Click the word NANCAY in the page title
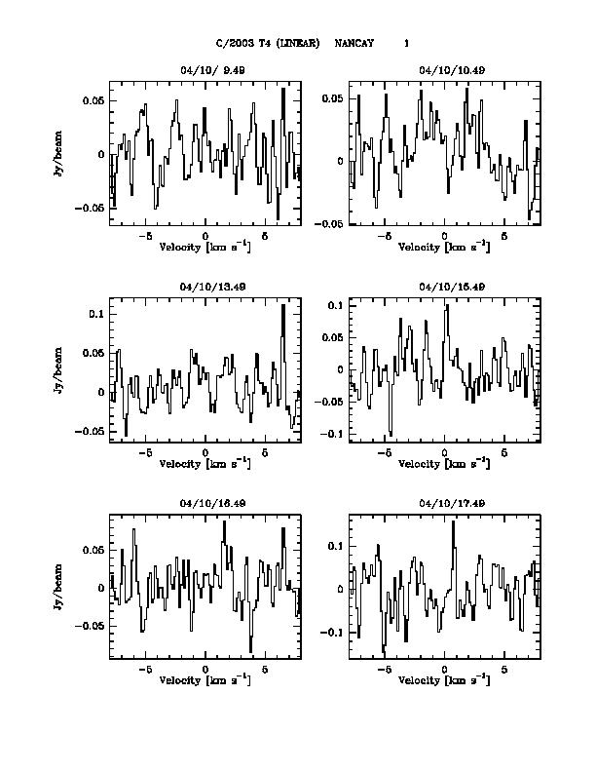(354, 43)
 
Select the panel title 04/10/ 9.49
(205, 70)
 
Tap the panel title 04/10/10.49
(444, 70)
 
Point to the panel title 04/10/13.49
(205, 288)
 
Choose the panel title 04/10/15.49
(444, 288)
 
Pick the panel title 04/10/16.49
(205, 503)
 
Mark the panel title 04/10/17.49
(444, 503)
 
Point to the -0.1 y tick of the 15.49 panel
(333, 434)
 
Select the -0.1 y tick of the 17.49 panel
(333, 633)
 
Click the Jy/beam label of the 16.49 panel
(60, 586)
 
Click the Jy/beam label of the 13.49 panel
(60, 370)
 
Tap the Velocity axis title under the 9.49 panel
(205, 247)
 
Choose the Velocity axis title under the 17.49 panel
(444, 679)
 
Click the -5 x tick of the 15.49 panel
(385, 453)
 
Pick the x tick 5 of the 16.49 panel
(265, 670)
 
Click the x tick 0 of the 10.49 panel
(444, 237)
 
